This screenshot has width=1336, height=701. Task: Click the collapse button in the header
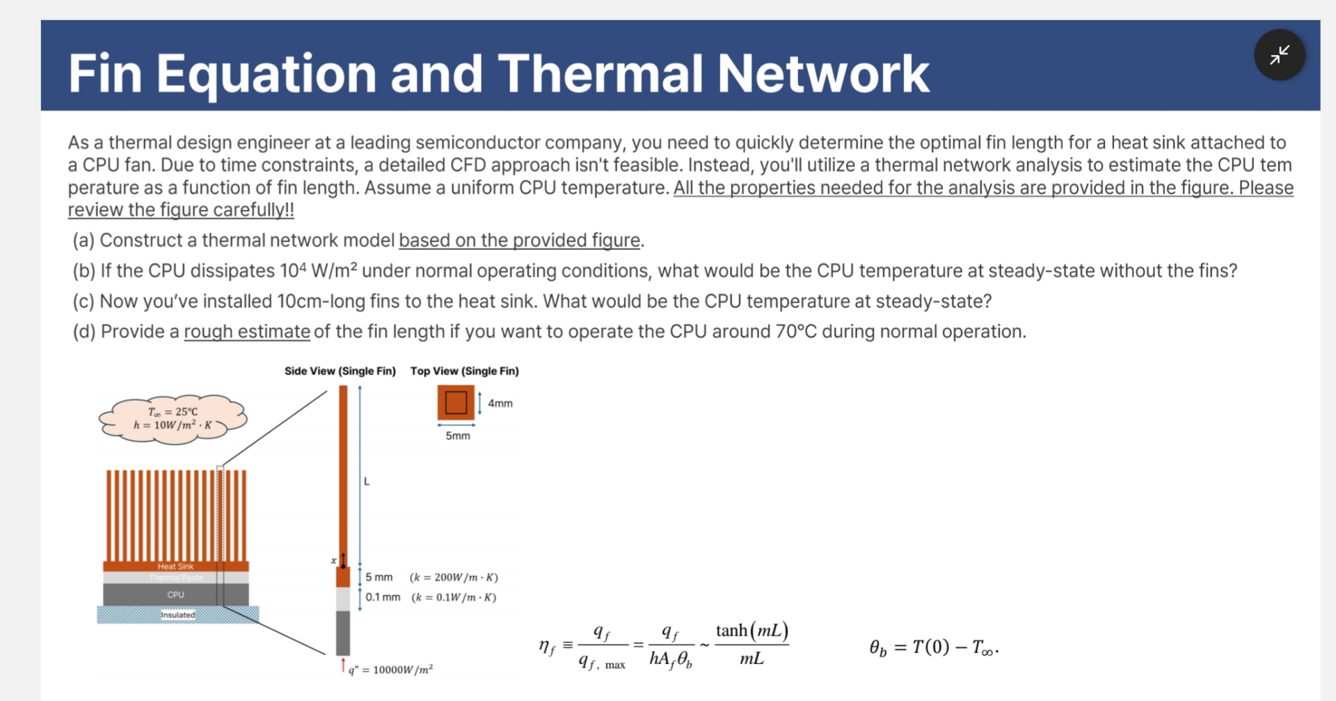point(1279,55)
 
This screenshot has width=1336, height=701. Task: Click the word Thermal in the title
point(600,73)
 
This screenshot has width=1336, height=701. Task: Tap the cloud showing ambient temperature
point(173,418)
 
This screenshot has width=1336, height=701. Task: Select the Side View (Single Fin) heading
point(340,371)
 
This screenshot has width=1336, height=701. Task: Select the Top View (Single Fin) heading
point(464,371)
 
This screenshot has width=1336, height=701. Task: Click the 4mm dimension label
point(500,403)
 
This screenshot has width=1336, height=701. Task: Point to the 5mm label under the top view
point(457,436)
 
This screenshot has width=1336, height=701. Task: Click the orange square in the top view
point(456,402)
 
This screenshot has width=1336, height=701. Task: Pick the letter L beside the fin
point(367,481)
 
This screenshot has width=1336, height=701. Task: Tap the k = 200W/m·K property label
point(454,577)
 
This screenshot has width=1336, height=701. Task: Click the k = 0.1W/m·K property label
point(454,597)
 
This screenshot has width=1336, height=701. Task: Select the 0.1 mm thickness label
point(383,597)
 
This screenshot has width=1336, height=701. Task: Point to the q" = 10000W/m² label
point(390,670)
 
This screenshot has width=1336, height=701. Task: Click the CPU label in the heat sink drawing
point(175,594)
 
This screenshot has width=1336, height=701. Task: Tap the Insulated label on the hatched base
point(178,615)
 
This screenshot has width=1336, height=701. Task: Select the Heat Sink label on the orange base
point(175,567)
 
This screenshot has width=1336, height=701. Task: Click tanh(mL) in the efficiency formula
point(751,631)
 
